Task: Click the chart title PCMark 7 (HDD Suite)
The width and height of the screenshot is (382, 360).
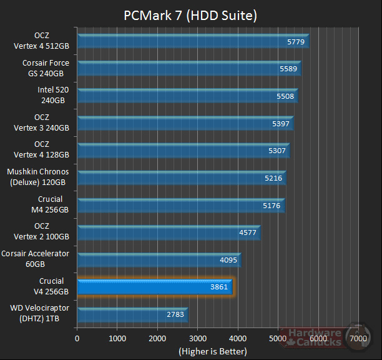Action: click(190, 14)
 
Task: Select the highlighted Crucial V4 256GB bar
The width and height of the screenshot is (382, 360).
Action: click(154, 287)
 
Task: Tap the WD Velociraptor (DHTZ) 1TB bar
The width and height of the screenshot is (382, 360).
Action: click(132, 314)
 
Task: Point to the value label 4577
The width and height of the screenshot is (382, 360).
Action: click(247, 232)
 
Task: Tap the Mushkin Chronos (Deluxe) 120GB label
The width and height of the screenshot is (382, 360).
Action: click(38, 177)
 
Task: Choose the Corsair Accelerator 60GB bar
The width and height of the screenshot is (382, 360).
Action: click(159, 259)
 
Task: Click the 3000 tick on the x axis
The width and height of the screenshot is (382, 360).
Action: click(197, 338)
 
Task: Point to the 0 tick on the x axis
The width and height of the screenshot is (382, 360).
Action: click(77, 338)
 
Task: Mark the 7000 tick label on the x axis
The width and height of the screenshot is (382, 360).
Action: click(358, 338)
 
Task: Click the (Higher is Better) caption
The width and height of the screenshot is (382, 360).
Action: click(212, 351)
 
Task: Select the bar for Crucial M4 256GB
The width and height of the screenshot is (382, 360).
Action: click(180, 205)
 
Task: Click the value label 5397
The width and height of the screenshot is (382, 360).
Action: click(281, 124)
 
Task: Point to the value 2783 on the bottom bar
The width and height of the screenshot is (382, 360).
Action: click(175, 314)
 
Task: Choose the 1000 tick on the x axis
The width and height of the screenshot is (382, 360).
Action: click(117, 338)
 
